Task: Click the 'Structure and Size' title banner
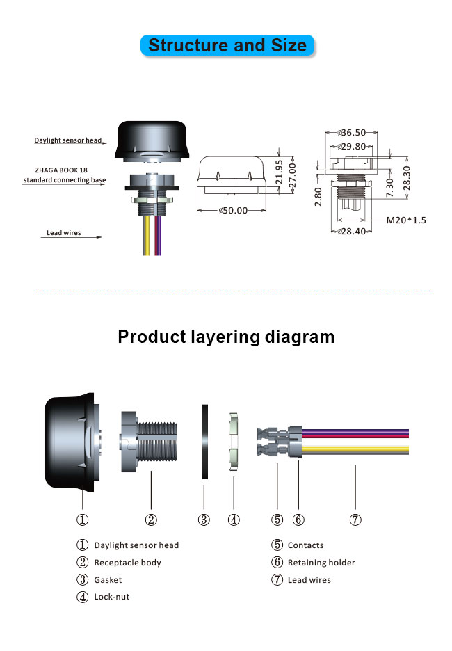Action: (x=227, y=46)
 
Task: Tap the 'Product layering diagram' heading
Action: (x=226, y=337)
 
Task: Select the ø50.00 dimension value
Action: (x=234, y=210)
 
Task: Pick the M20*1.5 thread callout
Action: (x=406, y=220)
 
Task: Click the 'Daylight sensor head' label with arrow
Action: (x=68, y=140)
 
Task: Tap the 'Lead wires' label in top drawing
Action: (x=63, y=233)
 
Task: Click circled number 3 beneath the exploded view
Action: (x=204, y=519)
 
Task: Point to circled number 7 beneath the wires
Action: (x=355, y=519)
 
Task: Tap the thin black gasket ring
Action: (x=204, y=441)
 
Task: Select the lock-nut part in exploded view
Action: (x=234, y=441)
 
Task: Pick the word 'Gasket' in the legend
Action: (x=108, y=579)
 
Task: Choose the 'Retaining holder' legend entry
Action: (x=321, y=563)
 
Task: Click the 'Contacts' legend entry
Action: (x=305, y=545)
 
